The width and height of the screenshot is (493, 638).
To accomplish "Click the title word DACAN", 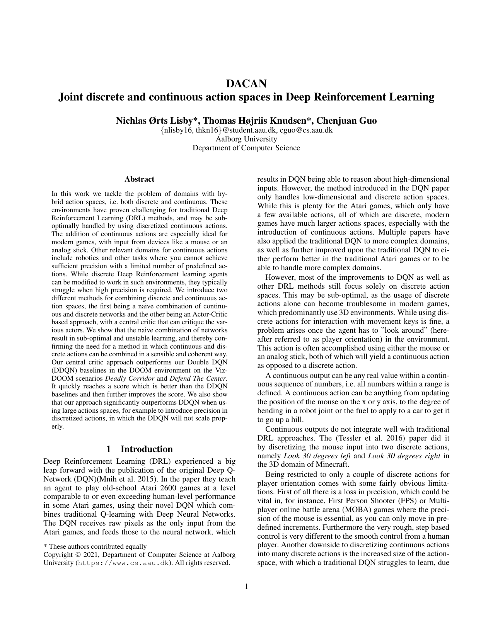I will [246, 83].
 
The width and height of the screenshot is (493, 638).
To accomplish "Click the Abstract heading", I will [139, 179].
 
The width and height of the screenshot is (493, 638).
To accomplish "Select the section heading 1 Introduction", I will [139, 449].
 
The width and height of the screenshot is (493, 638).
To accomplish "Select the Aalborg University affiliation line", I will [246, 139].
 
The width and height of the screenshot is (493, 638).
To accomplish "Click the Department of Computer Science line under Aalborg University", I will [246, 148].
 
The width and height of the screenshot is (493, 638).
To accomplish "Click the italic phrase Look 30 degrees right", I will [404, 456].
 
